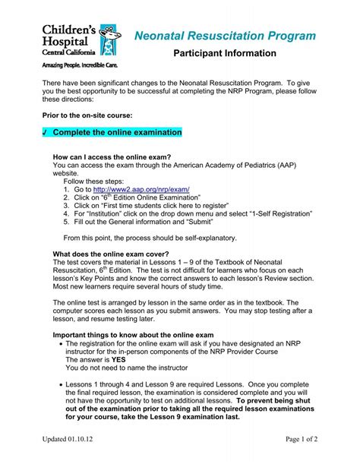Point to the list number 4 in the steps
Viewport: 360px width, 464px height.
pos(67,213)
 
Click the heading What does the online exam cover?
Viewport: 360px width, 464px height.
pos(111,254)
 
